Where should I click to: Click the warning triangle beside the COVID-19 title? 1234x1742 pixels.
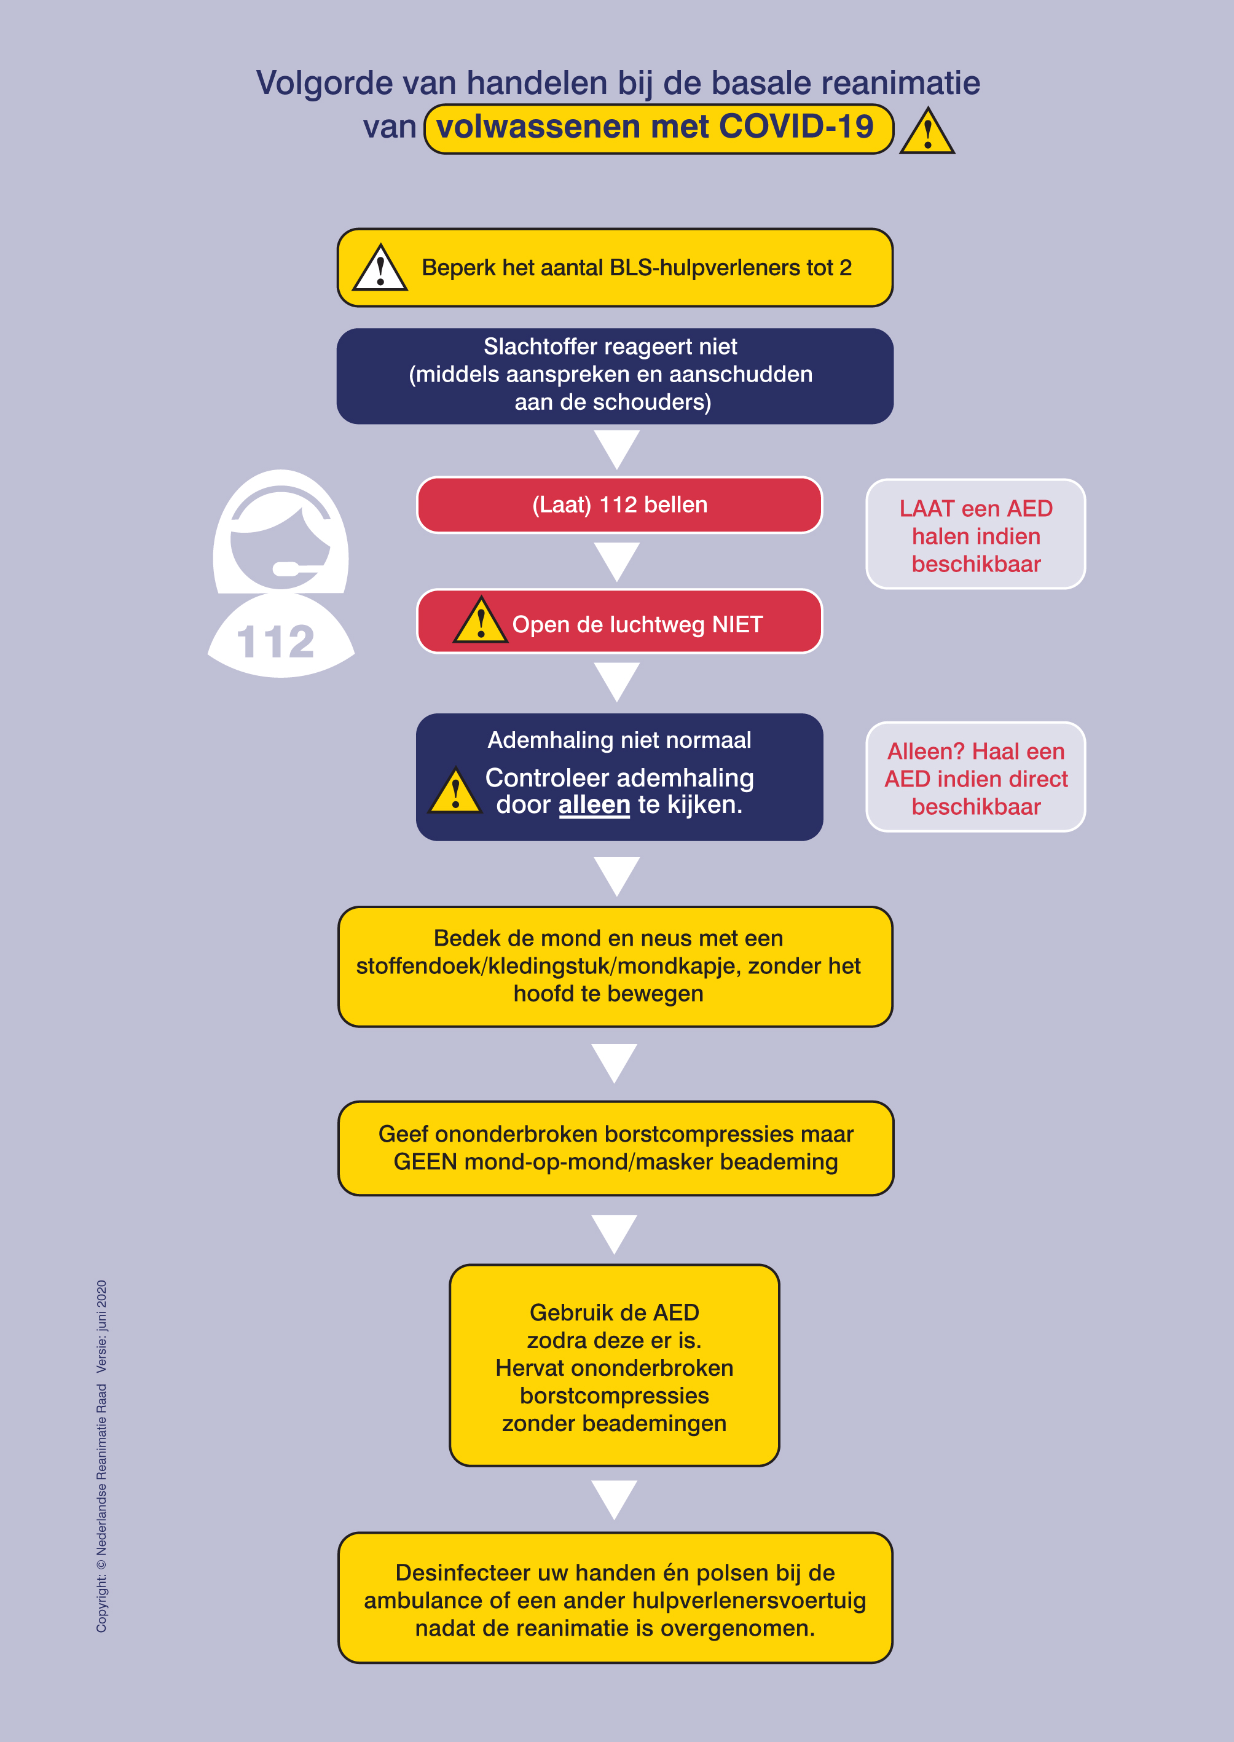[927, 131]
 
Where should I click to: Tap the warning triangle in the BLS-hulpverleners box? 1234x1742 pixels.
[380, 268]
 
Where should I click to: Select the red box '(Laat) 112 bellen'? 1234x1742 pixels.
[619, 505]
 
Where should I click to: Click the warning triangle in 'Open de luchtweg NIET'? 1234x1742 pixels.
[480, 621]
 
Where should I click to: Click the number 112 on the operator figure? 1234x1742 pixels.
[276, 642]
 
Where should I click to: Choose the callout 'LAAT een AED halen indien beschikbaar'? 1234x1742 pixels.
[976, 534]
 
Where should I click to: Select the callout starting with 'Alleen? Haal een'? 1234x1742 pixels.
[976, 777]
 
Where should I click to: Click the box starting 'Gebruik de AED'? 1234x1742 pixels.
[615, 1365]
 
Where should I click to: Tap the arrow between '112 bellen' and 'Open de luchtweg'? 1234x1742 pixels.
[617, 562]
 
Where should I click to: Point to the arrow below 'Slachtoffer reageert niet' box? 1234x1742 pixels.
[617, 450]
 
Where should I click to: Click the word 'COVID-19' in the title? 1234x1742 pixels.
[796, 127]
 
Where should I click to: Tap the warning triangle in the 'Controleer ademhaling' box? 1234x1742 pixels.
[455, 790]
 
